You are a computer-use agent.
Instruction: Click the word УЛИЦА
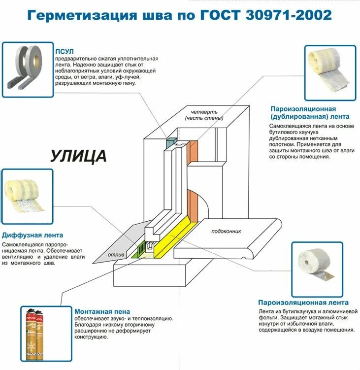click(78, 156)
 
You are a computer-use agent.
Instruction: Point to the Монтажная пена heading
click(102, 311)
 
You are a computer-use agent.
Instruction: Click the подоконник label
click(226, 231)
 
